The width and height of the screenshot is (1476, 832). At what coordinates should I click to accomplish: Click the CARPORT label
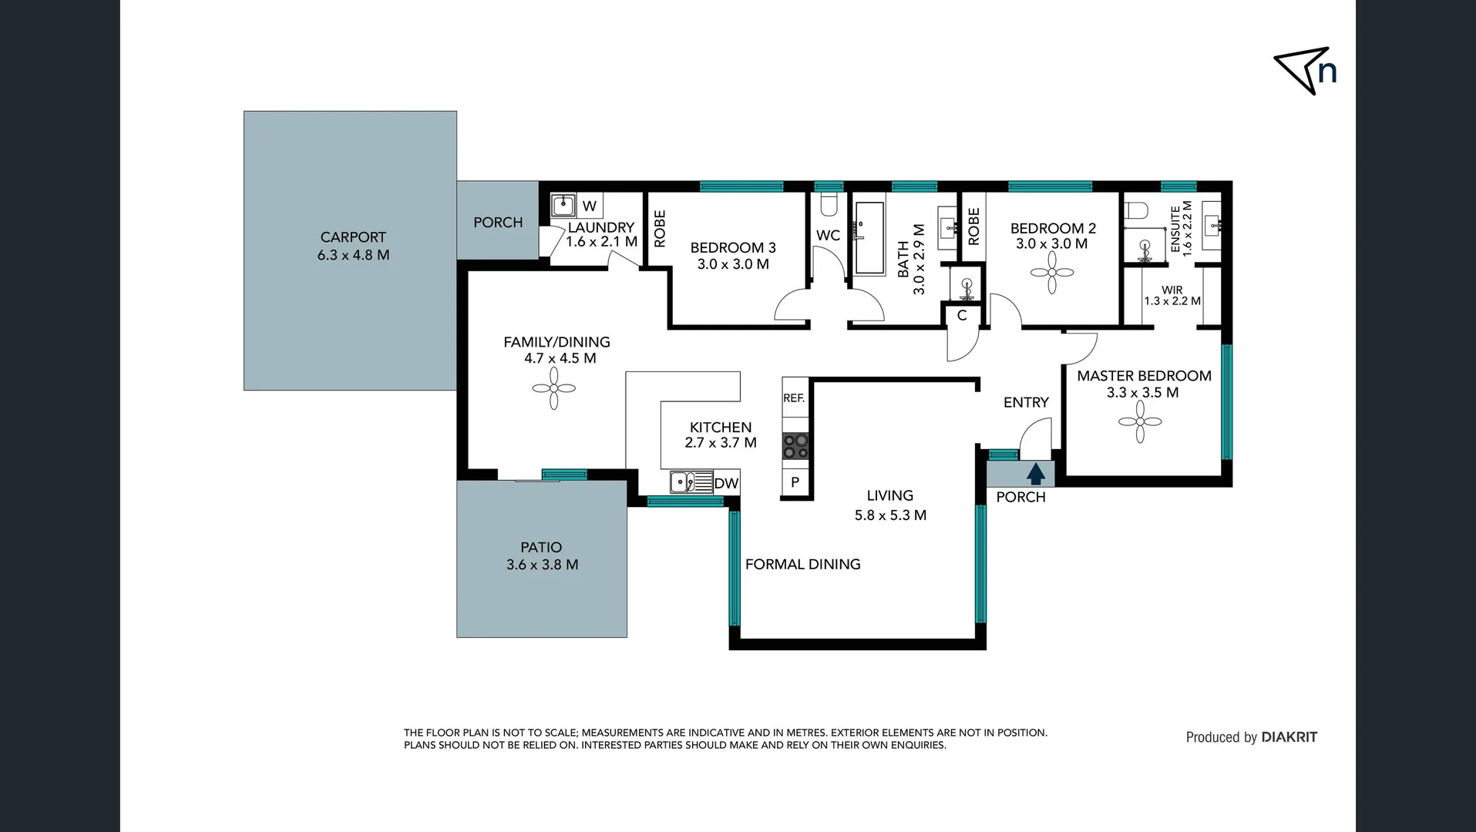pos(353,237)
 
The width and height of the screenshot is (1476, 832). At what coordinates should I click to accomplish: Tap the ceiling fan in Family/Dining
pos(553,387)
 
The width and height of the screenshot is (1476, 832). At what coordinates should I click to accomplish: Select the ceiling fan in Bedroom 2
pos(1051,273)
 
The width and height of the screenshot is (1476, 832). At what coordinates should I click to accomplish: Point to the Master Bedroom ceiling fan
pos(1139,421)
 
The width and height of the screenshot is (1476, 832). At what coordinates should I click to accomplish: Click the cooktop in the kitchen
pos(795,446)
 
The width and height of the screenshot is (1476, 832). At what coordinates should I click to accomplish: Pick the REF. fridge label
pos(794,398)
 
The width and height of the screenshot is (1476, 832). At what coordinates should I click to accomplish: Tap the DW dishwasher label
pos(726,484)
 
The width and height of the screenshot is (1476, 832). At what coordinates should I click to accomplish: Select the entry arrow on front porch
pos(1035,473)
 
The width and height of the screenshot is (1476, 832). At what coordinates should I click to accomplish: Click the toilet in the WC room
pos(829,205)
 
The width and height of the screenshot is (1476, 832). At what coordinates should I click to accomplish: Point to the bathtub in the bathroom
pos(869,238)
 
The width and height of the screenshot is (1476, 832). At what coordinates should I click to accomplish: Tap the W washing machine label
pos(590,206)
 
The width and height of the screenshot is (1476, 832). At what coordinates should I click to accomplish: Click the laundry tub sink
pos(563,206)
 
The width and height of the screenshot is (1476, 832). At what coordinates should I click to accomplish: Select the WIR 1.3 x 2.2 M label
pos(1172,296)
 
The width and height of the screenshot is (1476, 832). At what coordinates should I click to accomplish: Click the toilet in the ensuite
pos(1136,211)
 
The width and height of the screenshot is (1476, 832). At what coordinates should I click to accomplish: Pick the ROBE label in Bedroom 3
pos(660,229)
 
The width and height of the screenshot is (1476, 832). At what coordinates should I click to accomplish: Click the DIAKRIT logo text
pos(1289,737)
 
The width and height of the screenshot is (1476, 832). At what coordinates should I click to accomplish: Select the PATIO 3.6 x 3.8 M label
pos(542,555)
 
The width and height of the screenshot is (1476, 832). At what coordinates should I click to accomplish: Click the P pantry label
pos(795,482)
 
